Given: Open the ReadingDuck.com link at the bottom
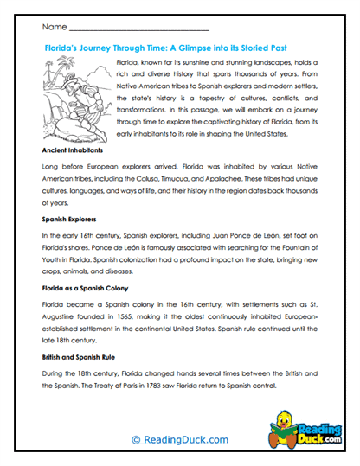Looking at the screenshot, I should (x=180, y=440).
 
